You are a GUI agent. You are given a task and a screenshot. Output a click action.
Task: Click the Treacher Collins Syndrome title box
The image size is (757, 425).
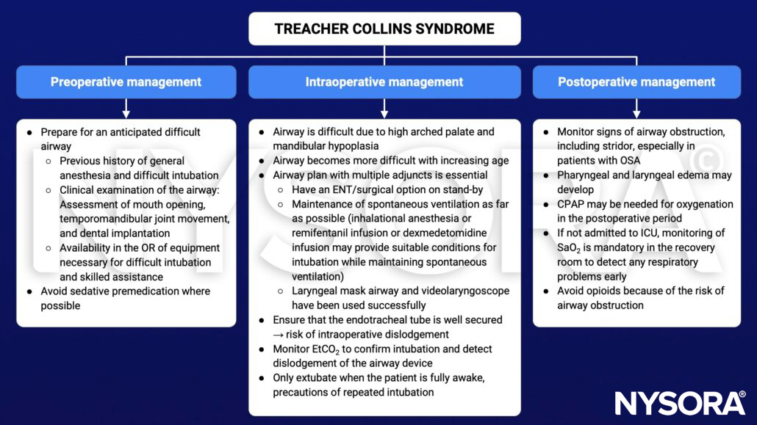click(x=384, y=29)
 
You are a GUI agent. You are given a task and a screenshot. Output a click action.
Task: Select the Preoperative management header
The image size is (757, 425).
click(x=126, y=82)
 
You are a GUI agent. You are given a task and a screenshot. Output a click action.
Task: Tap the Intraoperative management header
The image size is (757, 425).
click(x=384, y=82)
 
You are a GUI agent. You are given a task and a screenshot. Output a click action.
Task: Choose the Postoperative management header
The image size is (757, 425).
click(x=636, y=82)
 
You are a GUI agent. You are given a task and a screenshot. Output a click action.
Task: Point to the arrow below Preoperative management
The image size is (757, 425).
click(x=126, y=108)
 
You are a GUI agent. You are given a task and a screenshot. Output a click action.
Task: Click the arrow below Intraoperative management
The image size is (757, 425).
click(x=384, y=108)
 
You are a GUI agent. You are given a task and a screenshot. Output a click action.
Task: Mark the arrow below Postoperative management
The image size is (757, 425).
click(x=636, y=108)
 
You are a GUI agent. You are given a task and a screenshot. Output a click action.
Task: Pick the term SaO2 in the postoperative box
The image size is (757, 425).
click(x=570, y=248)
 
